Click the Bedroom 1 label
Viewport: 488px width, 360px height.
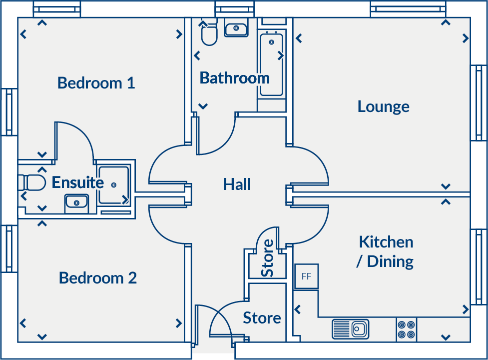click(96, 82)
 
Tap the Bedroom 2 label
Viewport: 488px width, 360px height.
click(97, 277)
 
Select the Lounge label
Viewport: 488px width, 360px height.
click(383, 106)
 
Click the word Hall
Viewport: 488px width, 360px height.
click(237, 184)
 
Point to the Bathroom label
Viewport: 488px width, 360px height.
click(234, 78)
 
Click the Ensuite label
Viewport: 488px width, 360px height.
click(77, 182)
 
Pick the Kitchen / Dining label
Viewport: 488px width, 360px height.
click(386, 251)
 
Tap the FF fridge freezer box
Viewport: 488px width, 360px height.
click(306, 276)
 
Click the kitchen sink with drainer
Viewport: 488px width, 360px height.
click(350, 329)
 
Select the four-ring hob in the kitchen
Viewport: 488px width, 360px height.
click(406, 329)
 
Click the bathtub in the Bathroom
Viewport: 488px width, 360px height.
click(271, 63)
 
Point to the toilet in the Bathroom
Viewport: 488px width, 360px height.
click(209, 34)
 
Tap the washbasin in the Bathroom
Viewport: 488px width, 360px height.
click(236, 29)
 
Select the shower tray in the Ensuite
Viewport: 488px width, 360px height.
click(113, 185)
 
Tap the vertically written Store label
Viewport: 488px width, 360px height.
click(268, 258)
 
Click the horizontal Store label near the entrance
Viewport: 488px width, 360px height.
click(262, 318)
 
